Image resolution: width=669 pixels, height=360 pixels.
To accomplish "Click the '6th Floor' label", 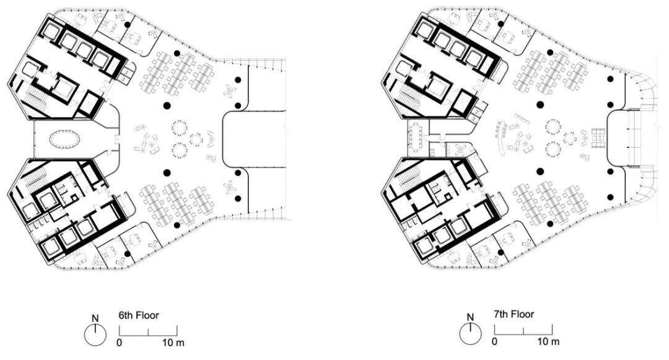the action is (x=139, y=315).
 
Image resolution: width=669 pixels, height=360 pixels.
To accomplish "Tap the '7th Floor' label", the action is (x=514, y=315).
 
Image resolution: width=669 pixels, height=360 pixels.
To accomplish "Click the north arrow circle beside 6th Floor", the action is (x=95, y=336).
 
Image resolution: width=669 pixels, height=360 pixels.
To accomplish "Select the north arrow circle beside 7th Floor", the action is (x=470, y=335).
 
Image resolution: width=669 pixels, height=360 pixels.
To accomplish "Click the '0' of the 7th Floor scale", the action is (x=494, y=341).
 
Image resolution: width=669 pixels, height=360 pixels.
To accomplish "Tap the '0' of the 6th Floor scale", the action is (x=120, y=342).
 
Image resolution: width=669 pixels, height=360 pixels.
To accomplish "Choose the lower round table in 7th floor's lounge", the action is (x=553, y=149).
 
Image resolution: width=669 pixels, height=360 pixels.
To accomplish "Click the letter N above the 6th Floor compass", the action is (x=95, y=319).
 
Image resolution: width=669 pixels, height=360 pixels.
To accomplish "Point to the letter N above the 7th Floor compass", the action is (x=470, y=318).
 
